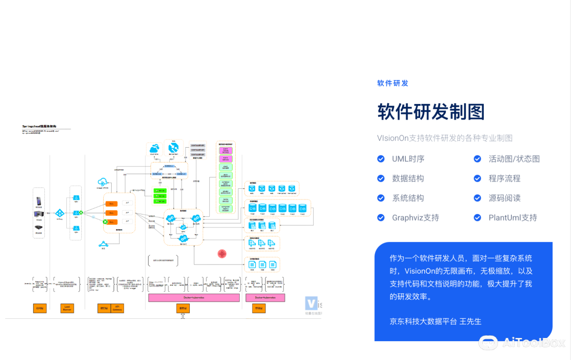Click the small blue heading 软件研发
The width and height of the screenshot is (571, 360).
(x=392, y=83)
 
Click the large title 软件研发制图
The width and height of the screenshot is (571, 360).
(x=431, y=112)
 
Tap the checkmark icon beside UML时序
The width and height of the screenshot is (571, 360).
(x=381, y=159)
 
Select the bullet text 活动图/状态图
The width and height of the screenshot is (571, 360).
(x=514, y=159)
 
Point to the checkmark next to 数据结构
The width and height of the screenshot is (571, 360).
(x=381, y=179)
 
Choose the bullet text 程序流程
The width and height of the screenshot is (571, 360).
(x=505, y=179)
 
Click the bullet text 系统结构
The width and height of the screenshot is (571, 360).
(x=408, y=198)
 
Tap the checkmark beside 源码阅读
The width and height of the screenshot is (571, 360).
(x=478, y=198)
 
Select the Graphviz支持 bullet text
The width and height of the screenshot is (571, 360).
(x=415, y=218)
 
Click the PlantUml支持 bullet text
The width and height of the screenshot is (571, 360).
(x=513, y=218)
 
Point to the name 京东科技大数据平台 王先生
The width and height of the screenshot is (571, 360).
(x=435, y=321)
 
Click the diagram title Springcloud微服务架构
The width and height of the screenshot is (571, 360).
(x=39, y=126)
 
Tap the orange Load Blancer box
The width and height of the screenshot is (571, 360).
(x=67, y=308)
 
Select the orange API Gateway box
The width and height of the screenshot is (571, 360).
(x=117, y=308)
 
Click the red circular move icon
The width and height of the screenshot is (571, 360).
(x=222, y=254)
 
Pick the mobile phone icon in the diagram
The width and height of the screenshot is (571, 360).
(x=39, y=201)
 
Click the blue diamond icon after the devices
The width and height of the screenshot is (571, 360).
(x=60, y=213)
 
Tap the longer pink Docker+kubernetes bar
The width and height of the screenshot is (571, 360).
(x=194, y=298)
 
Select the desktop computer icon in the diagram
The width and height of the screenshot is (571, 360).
(x=39, y=214)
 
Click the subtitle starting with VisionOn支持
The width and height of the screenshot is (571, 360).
(x=445, y=138)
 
